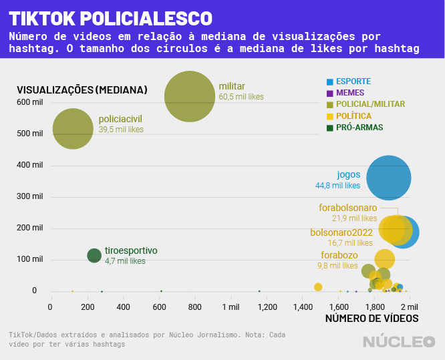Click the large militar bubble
click(189, 97)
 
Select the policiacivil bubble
click(73, 129)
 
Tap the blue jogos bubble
click(388, 178)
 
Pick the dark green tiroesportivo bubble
click(94, 254)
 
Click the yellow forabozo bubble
click(384, 259)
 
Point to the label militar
click(232, 86)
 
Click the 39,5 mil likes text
click(121, 130)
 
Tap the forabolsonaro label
click(348, 208)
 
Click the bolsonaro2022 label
click(341, 232)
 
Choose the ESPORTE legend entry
click(353, 81)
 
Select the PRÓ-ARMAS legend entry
click(359, 127)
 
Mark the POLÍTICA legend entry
click(354, 116)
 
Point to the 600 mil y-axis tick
click(31, 102)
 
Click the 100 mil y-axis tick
click(31, 259)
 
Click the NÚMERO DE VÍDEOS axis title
click(372, 319)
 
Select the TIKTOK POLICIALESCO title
click(111, 18)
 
